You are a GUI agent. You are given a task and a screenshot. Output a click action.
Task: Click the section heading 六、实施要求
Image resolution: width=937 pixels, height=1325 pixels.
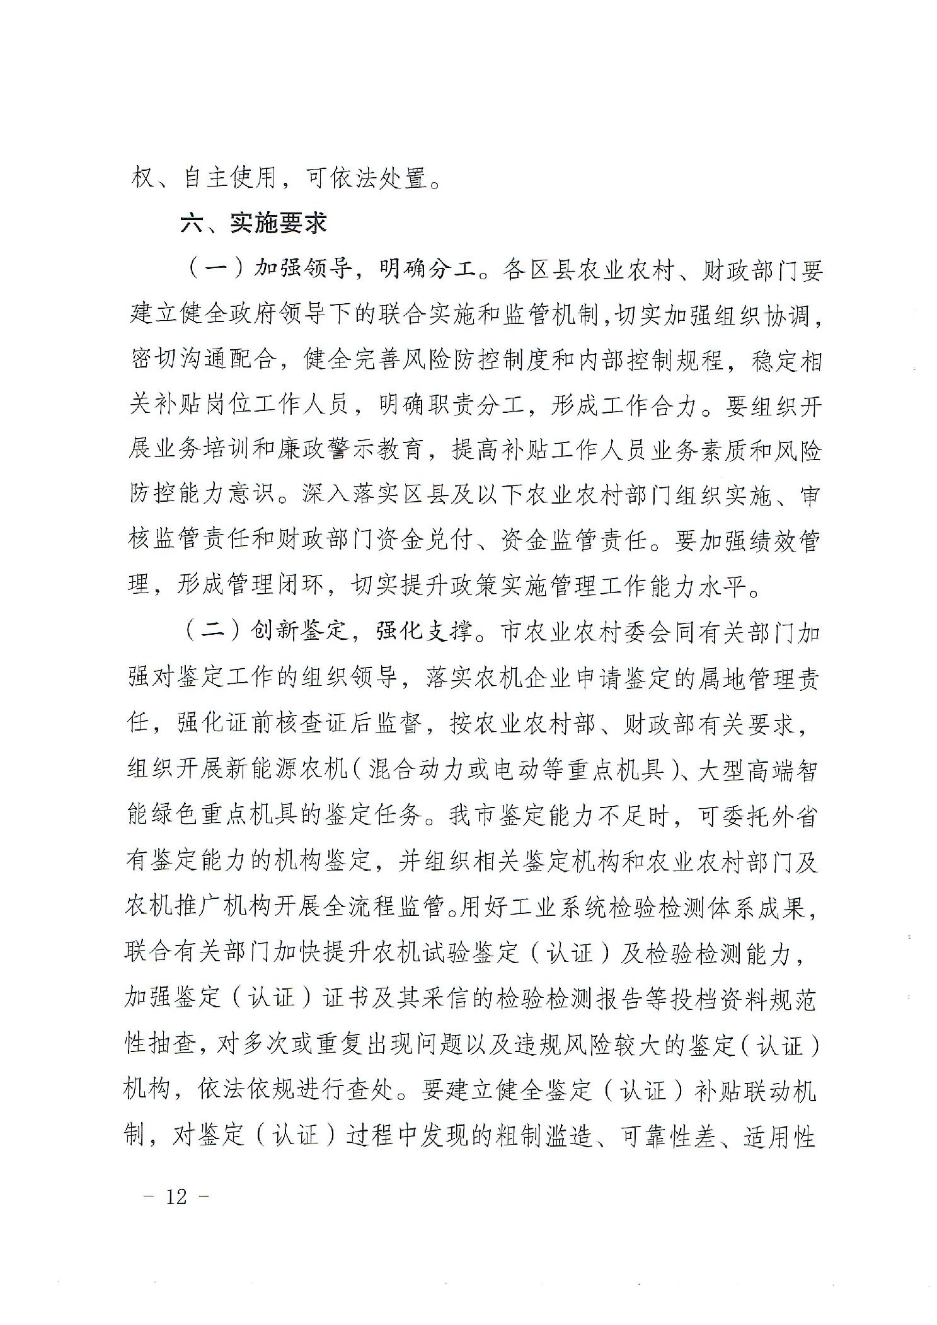tap(253, 224)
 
